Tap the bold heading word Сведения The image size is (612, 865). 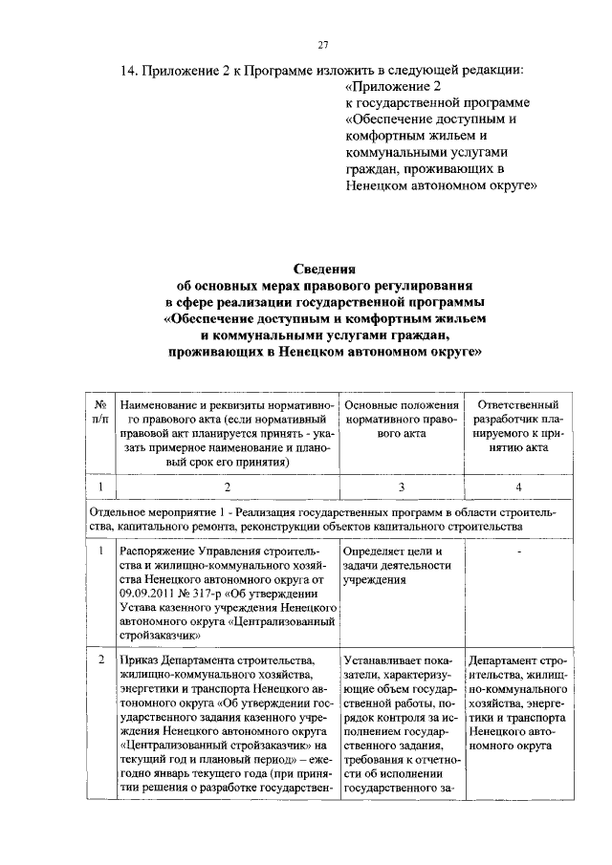[322, 270]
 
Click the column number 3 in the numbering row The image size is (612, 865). [402, 487]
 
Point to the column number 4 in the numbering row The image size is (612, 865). [517, 487]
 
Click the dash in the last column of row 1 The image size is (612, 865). [517, 552]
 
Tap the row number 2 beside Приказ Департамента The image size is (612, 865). [99, 660]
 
